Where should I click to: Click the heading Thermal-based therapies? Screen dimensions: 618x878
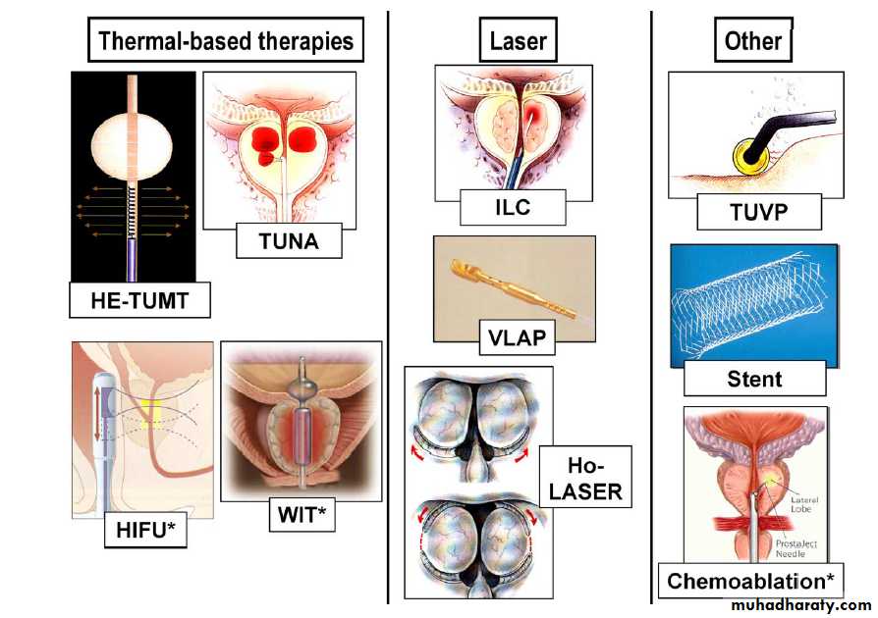tap(226, 42)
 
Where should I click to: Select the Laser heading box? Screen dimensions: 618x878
tap(518, 42)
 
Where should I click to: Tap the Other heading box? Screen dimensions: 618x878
tap(752, 41)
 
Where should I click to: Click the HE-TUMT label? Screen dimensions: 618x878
tap(140, 299)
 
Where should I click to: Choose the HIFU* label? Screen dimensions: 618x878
tap(145, 531)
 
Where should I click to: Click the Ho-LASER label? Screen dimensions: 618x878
tap(586, 477)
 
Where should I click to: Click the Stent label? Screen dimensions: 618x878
tap(753, 378)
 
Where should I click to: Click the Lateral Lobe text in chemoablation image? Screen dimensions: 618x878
tap(809, 505)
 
